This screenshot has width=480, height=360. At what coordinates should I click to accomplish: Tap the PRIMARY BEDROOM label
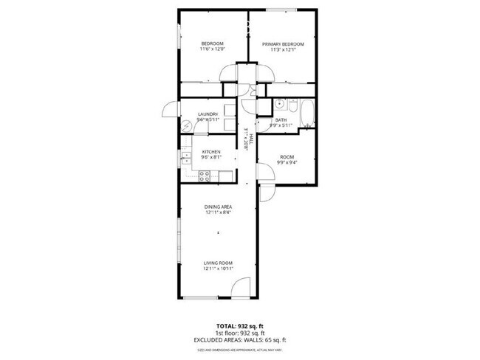coord(282,44)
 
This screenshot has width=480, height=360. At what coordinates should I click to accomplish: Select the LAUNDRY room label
coord(208,114)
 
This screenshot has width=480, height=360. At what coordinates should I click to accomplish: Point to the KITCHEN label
coord(212,152)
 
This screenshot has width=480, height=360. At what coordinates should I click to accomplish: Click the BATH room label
coord(281,120)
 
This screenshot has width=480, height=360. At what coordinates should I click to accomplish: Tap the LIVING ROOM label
coord(218,263)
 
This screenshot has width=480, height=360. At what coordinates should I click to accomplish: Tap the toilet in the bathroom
coord(292,108)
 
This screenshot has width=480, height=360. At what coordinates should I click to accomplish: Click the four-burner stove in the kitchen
coord(205,176)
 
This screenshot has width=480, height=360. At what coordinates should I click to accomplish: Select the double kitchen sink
coord(188,157)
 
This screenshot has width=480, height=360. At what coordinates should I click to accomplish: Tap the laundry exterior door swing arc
coord(168,111)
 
